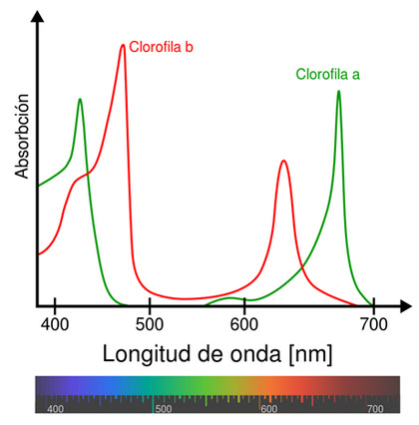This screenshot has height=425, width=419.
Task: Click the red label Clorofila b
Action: pos(161,47)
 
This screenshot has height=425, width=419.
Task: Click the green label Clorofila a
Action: pos(328,74)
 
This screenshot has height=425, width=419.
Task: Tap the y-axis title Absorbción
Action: pos(22,136)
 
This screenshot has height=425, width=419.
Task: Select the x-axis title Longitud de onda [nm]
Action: pos(217,354)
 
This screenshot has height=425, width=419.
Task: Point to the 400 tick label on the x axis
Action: pos(55,324)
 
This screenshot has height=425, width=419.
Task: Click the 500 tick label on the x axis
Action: pos(150,324)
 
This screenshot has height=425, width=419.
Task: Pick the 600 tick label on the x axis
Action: pos(244,324)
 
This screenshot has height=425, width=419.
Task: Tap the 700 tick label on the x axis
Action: pos(374,324)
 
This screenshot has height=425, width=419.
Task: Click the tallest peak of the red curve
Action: pos(123,45)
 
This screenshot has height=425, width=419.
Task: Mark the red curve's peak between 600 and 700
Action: pos(283,161)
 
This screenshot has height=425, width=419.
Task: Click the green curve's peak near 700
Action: pos(338,91)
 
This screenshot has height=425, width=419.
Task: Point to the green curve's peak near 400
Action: pos(80,99)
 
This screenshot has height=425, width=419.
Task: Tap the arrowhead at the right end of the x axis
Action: pos(406,305)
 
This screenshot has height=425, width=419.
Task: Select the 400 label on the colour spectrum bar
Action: pos(55,409)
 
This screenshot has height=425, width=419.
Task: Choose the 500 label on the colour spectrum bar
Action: pos(164,409)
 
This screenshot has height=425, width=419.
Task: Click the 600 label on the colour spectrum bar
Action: pos(269,409)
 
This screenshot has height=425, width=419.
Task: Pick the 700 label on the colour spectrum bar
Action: pos(375,409)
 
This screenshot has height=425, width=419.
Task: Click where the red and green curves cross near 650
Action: pos(302,267)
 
